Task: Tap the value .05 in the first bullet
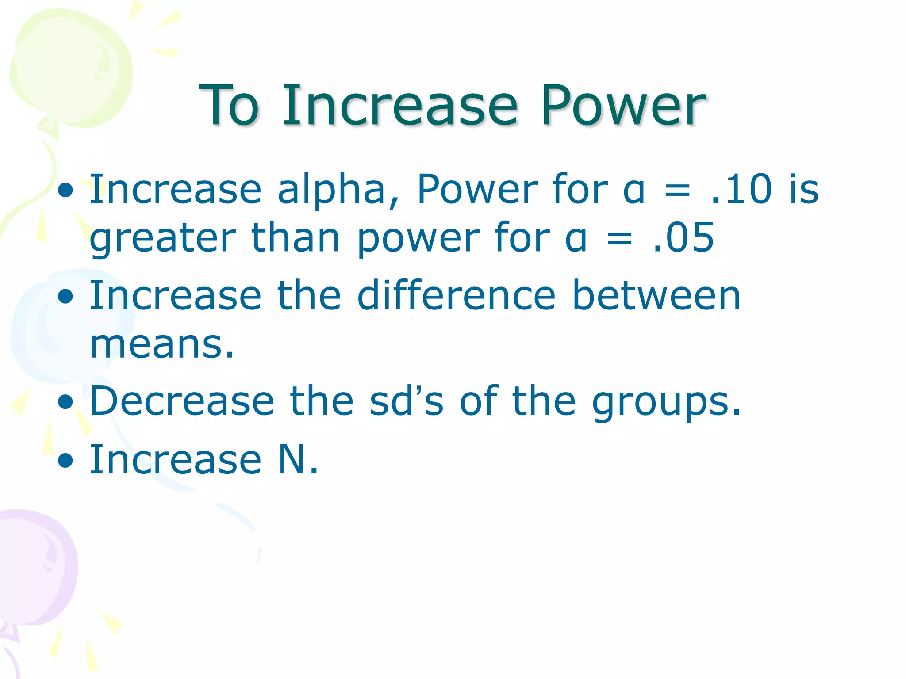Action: (683, 238)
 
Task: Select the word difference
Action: (456, 295)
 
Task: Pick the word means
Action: (162, 345)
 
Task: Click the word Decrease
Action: (182, 401)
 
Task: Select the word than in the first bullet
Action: (295, 238)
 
